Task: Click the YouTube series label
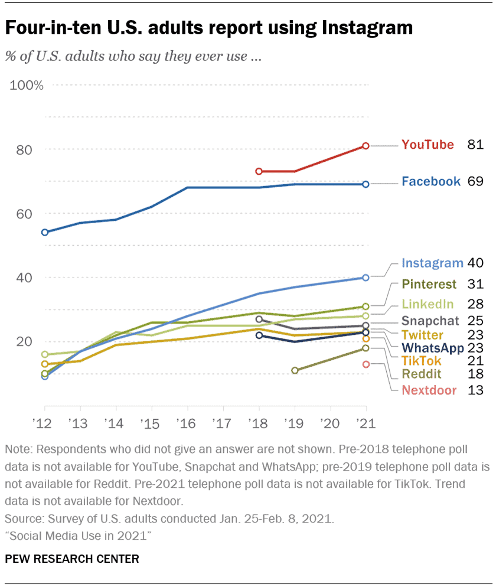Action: (428, 145)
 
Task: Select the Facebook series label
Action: (430, 181)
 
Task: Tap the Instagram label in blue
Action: (431, 263)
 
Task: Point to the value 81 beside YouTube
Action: (475, 145)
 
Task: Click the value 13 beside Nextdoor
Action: (475, 390)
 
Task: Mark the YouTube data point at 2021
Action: (366, 145)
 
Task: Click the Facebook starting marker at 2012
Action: (45, 232)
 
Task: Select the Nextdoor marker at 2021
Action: (366, 364)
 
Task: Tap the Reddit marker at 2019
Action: (295, 370)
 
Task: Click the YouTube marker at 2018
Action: (259, 171)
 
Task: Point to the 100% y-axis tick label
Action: (27, 86)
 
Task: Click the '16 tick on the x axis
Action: (187, 423)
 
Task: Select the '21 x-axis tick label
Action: (366, 423)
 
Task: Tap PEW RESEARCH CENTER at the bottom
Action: (72, 559)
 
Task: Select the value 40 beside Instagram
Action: (475, 263)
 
